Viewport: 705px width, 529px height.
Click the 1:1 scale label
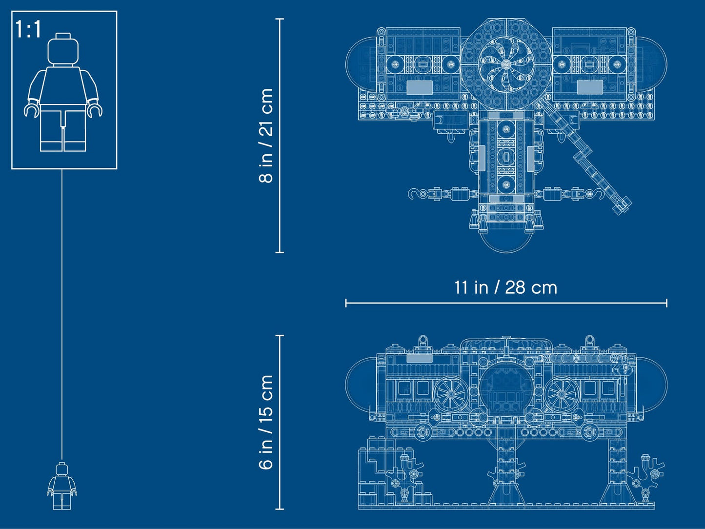pyautogui.click(x=28, y=30)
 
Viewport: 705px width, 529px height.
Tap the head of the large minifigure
pyautogui.click(x=63, y=49)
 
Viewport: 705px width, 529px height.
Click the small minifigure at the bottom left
pyautogui.click(x=62, y=486)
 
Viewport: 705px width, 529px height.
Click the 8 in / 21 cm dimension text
pyautogui.click(x=266, y=136)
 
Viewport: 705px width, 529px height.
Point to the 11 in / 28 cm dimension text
pyautogui.click(x=505, y=287)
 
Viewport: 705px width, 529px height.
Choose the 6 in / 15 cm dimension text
pyautogui.click(x=266, y=422)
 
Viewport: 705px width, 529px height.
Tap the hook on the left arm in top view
pyautogui.click(x=415, y=194)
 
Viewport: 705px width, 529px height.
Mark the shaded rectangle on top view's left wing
pyautogui.click(x=420, y=87)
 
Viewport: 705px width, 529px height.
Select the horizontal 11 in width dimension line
pyautogui.click(x=505, y=303)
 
